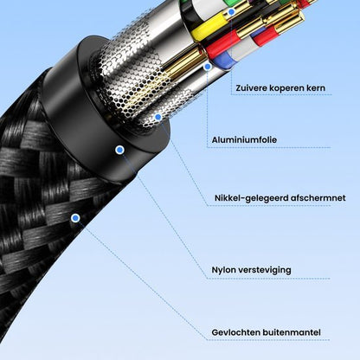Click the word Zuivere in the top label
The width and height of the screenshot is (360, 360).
point(250,87)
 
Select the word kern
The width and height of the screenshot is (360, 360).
point(317,87)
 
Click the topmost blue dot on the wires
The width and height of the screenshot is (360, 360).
point(207,66)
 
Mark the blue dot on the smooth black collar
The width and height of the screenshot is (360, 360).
point(119,150)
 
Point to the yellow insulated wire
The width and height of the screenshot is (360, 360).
point(205,29)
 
